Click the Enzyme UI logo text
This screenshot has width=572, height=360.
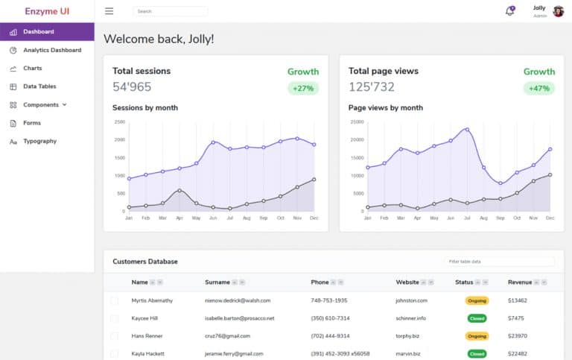coord(47,11)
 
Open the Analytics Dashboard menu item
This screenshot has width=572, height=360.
coord(52,50)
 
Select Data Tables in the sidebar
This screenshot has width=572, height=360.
coord(39,86)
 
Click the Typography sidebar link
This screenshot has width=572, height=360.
coord(39,141)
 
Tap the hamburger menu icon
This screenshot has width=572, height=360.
coord(109,11)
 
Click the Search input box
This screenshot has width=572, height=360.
coord(170,11)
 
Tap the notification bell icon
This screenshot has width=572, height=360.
coord(509,11)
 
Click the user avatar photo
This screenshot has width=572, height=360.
coord(558,11)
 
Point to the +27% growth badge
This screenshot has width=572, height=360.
coord(303,88)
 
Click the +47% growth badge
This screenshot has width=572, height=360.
coord(539,88)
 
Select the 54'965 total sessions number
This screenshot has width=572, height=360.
coord(132,86)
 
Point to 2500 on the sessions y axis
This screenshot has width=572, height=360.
coord(120,121)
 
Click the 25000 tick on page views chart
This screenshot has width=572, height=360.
coord(356,121)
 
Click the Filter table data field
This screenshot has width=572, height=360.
coord(500,262)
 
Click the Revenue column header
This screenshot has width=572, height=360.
coord(519,282)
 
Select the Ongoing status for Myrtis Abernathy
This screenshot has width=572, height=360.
coord(477,300)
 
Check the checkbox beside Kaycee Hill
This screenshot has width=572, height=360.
coord(114,318)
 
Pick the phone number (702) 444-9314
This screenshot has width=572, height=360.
coord(330,336)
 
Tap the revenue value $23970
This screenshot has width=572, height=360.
coord(518,336)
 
